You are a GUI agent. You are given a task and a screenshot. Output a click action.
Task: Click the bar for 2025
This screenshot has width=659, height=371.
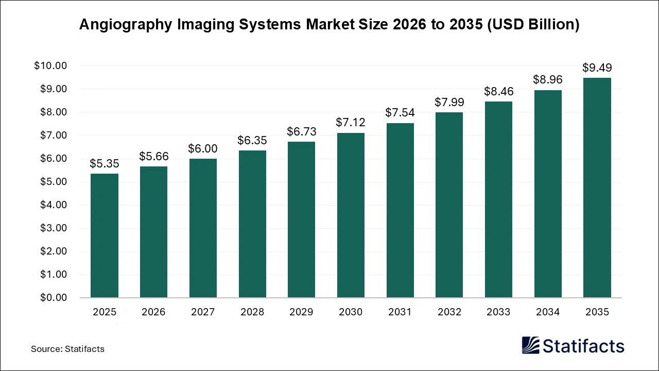(x=105, y=235)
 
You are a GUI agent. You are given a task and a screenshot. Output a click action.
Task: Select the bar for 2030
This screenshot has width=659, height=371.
(x=351, y=215)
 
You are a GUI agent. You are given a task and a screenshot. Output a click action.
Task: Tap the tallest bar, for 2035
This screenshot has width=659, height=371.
(x=597, y=188)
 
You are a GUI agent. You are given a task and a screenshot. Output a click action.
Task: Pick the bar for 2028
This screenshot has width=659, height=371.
(x=252, y=224)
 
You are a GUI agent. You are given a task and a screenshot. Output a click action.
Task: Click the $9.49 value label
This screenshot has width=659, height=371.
(x=597, y=68)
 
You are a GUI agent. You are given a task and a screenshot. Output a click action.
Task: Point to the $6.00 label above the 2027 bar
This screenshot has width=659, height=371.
(x=203, y=148)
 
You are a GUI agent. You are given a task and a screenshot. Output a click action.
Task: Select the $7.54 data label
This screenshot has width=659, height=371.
(x=400, y=112)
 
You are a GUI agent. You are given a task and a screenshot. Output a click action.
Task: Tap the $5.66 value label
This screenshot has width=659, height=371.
(x=153, y=156)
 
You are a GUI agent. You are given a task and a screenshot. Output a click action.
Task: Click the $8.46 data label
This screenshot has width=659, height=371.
(x=498, y=91)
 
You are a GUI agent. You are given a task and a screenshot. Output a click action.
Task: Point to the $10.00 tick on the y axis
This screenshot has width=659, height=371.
(x=50, y=66)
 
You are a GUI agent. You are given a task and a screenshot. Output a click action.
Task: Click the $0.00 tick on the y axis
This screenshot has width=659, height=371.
(x=53, y=298)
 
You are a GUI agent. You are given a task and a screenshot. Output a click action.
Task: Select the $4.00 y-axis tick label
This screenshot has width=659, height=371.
(x=53, y=205)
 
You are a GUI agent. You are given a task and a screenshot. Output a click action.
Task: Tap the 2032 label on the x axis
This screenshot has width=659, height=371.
(x=449, y=312)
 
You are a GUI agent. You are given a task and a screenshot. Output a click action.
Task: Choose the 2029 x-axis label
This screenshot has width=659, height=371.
(x=301, y=312)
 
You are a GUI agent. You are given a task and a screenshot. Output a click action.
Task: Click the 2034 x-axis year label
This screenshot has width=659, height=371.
(x=547, y=312)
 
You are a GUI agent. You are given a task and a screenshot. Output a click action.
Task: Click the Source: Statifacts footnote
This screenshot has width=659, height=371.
(x=67, y=349)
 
